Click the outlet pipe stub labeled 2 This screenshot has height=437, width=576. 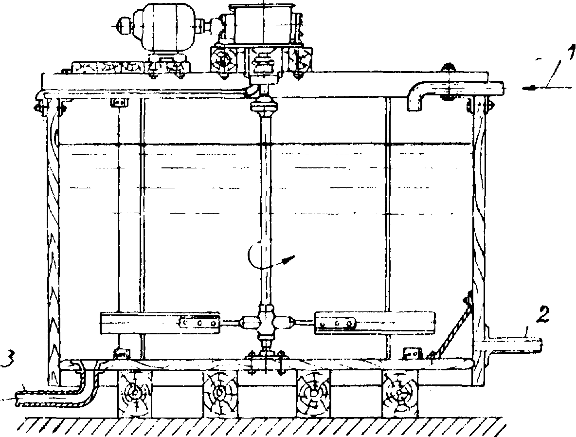(x=516, y=345)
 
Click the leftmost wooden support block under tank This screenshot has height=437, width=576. (x=134, y=393)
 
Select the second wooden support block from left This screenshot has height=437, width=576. (x=220, y=393)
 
